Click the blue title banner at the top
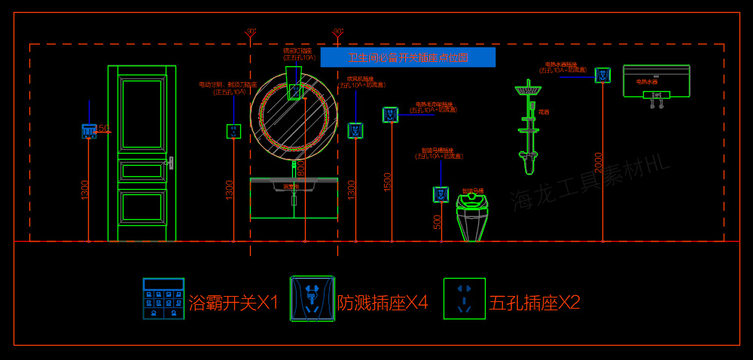pos(407,57)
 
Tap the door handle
pos(171,162)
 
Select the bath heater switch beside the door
pos(89,131)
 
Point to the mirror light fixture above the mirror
pos(294,83)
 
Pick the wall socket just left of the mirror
pos(234,131)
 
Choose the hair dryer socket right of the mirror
pos(355,130)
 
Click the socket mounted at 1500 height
pos(390,114)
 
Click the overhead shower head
pos(529,90)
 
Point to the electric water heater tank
pos(656,81)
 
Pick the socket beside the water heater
pos(602,75)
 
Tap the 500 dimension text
pos(437,221)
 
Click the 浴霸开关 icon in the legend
pos(163,299)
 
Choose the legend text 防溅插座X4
pos(383,303)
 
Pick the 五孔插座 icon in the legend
pos(464,299)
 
